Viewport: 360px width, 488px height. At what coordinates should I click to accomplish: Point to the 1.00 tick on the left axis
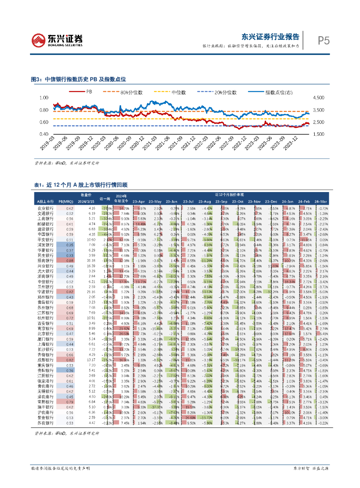click(44, 98)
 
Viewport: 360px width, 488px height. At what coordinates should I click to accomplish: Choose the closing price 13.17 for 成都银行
click(91, 360)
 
